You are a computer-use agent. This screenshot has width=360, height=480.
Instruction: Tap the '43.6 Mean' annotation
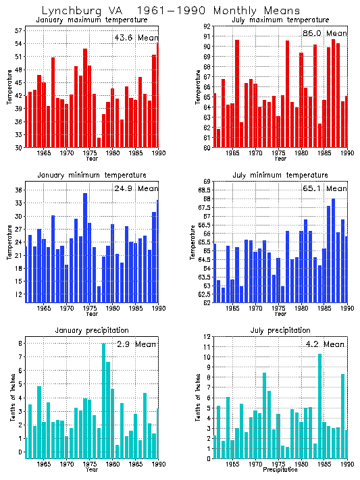135,38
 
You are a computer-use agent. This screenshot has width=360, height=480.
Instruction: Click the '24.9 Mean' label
136,188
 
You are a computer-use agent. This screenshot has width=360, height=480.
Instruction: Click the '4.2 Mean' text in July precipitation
325,344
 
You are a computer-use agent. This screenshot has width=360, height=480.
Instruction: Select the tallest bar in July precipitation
319,406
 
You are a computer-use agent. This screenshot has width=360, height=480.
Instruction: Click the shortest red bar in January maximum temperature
99,142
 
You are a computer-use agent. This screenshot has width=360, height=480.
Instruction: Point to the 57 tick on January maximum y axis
18,30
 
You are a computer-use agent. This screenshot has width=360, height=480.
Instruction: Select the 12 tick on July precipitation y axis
208,336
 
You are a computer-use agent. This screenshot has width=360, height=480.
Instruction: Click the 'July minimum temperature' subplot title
281,175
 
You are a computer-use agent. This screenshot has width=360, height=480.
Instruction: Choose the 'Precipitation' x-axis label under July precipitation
281,469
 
